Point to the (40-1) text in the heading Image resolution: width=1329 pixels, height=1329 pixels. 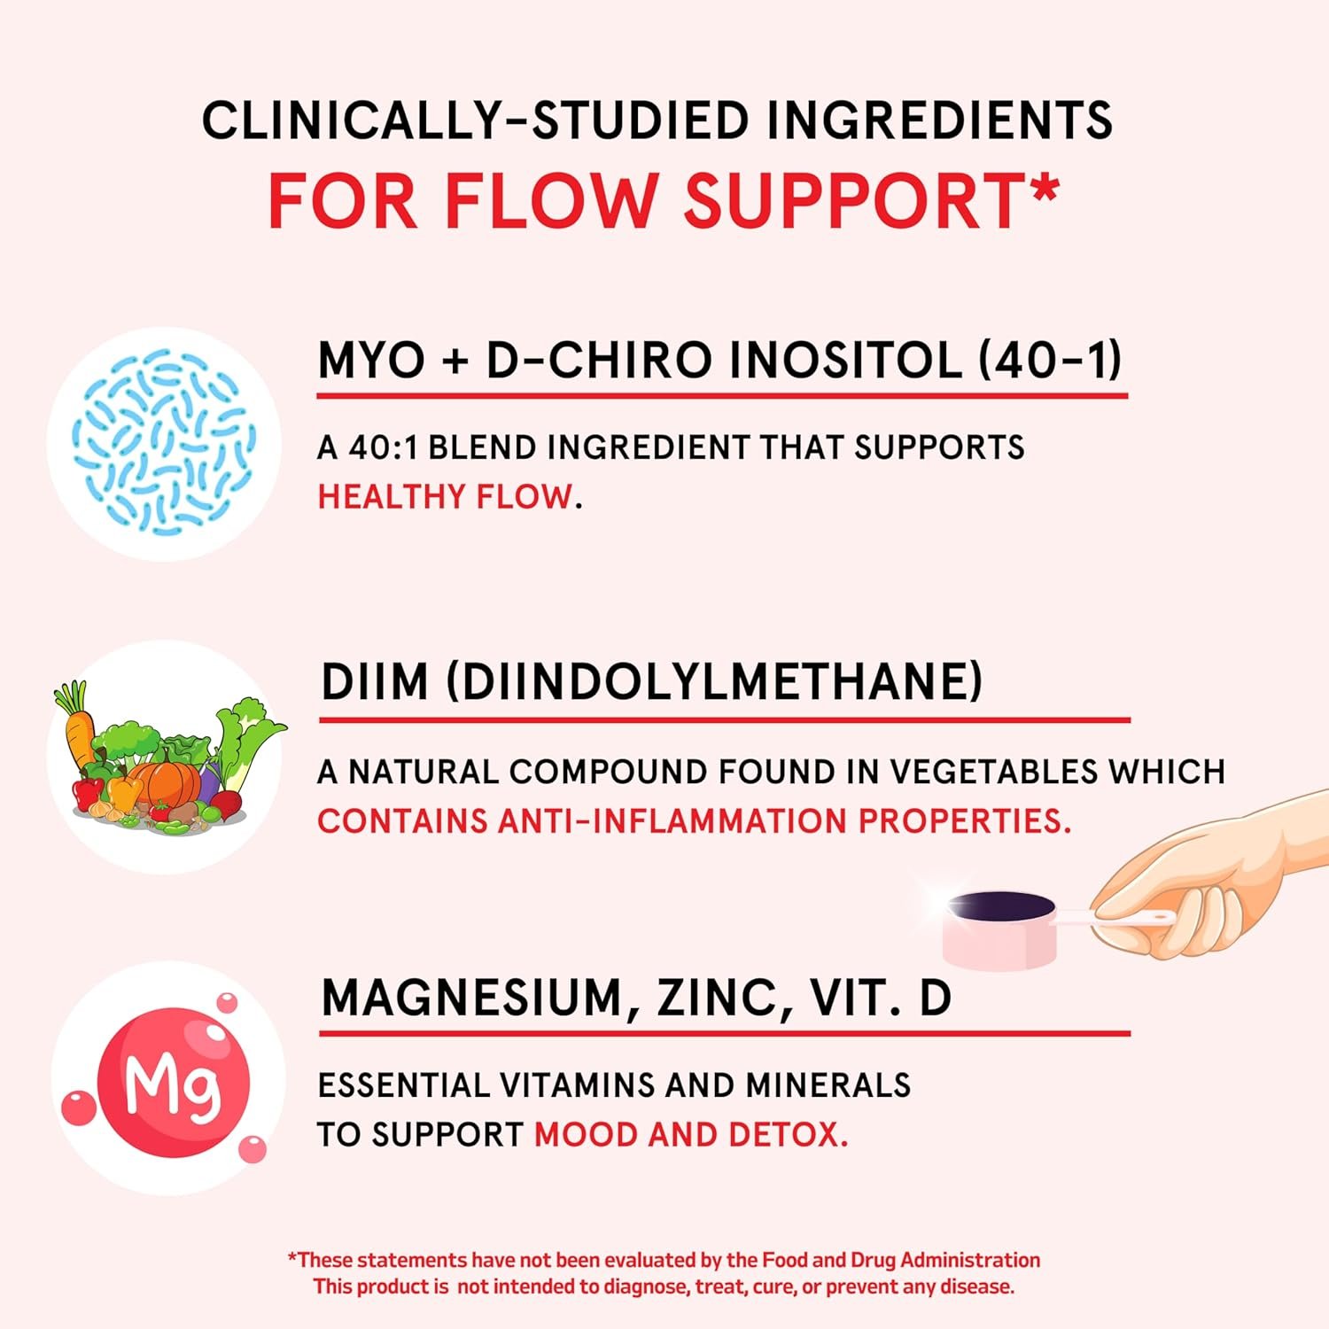pos(1051,361)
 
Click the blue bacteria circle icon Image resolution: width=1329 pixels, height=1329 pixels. pos(164,444)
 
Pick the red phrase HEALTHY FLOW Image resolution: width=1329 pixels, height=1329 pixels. pos(445,497)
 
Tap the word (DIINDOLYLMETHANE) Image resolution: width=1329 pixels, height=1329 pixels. pos(714,682)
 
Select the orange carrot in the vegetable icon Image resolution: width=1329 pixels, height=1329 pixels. pos(77,726)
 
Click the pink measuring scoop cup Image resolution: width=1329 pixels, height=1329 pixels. pos(1001,929)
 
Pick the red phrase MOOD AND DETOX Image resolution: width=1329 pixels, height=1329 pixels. pos(691,1135)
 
